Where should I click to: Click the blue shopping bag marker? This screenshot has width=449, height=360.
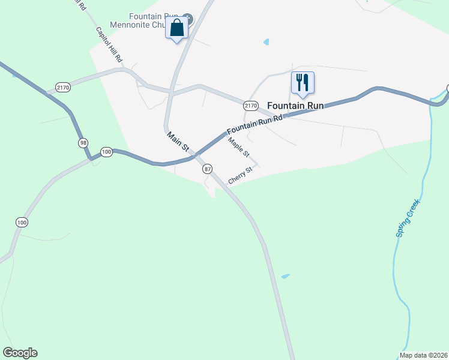click(177, 28)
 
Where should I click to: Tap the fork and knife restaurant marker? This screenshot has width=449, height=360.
click(303, 83)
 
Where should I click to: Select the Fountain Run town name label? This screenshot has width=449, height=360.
click(295, 106)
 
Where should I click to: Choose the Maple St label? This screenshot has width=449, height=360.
click(238, 147)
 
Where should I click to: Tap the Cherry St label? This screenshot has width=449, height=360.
click(241, 176)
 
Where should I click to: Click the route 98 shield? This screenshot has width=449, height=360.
click(83, 143)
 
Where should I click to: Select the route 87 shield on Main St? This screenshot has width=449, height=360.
click(208, 169)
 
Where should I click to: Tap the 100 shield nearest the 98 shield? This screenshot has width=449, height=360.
click(106, 152)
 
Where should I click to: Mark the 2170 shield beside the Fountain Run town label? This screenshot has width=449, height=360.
click(251, 106)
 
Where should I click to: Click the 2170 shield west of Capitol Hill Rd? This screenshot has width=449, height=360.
click(63, 88)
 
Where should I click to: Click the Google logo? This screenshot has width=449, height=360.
click(20, 353)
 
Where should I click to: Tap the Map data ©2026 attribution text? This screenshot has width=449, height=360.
click(423, 355)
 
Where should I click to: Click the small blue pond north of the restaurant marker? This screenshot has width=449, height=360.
click(266, 42)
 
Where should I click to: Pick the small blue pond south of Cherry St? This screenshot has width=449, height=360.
click(285, 277)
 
